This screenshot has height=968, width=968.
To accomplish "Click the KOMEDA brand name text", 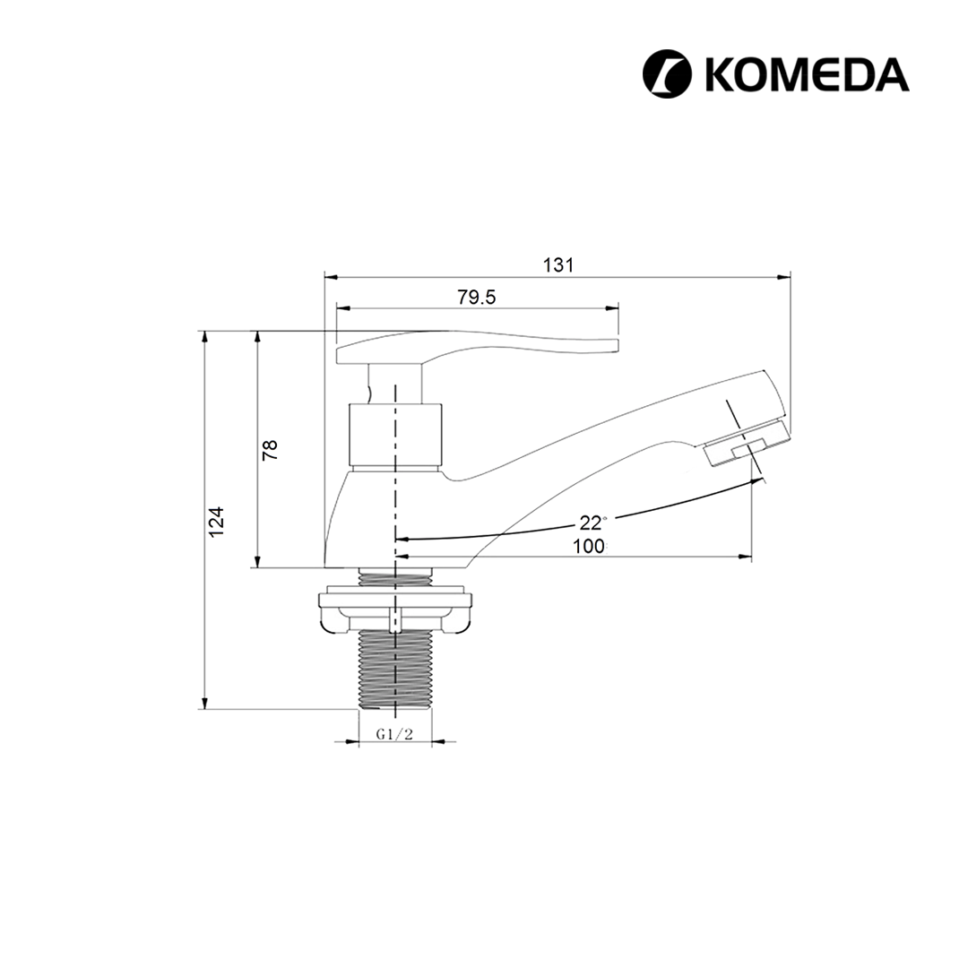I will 807,73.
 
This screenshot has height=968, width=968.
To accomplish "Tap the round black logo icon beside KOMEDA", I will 668,73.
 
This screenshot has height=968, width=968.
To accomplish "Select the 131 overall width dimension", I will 557,265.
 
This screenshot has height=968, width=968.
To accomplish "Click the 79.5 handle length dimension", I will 477,298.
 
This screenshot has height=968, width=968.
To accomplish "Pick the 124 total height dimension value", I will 217,521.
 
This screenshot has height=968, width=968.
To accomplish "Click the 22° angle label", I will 592,523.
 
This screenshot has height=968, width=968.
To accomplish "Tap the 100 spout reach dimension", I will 588,547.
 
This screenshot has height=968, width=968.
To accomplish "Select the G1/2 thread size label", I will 394,734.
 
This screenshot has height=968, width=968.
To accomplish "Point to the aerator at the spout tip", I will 746,445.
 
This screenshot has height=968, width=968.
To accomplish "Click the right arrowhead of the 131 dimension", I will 785,277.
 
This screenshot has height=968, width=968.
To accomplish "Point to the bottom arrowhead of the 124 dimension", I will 205,703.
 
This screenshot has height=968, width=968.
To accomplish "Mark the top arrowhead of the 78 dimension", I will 258,337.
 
